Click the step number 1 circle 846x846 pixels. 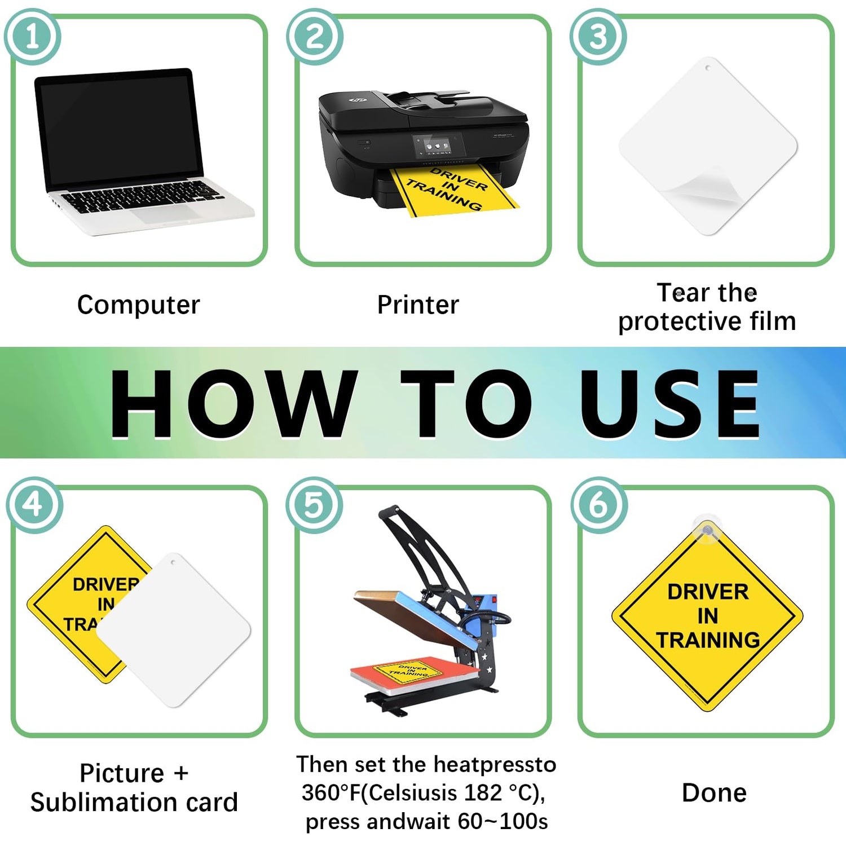click(33, 37)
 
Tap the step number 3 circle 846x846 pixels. click(598, 37)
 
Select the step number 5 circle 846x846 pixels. click(314, 505)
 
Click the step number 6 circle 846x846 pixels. click(599, 505)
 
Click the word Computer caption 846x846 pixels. click(139, 305)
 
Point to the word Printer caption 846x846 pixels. click(418, 305)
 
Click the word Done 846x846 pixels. click(714, 792)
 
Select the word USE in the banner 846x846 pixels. click(670, 403)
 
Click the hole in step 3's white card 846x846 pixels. click(708, 68)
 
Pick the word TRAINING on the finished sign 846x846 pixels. click(708, 640)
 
